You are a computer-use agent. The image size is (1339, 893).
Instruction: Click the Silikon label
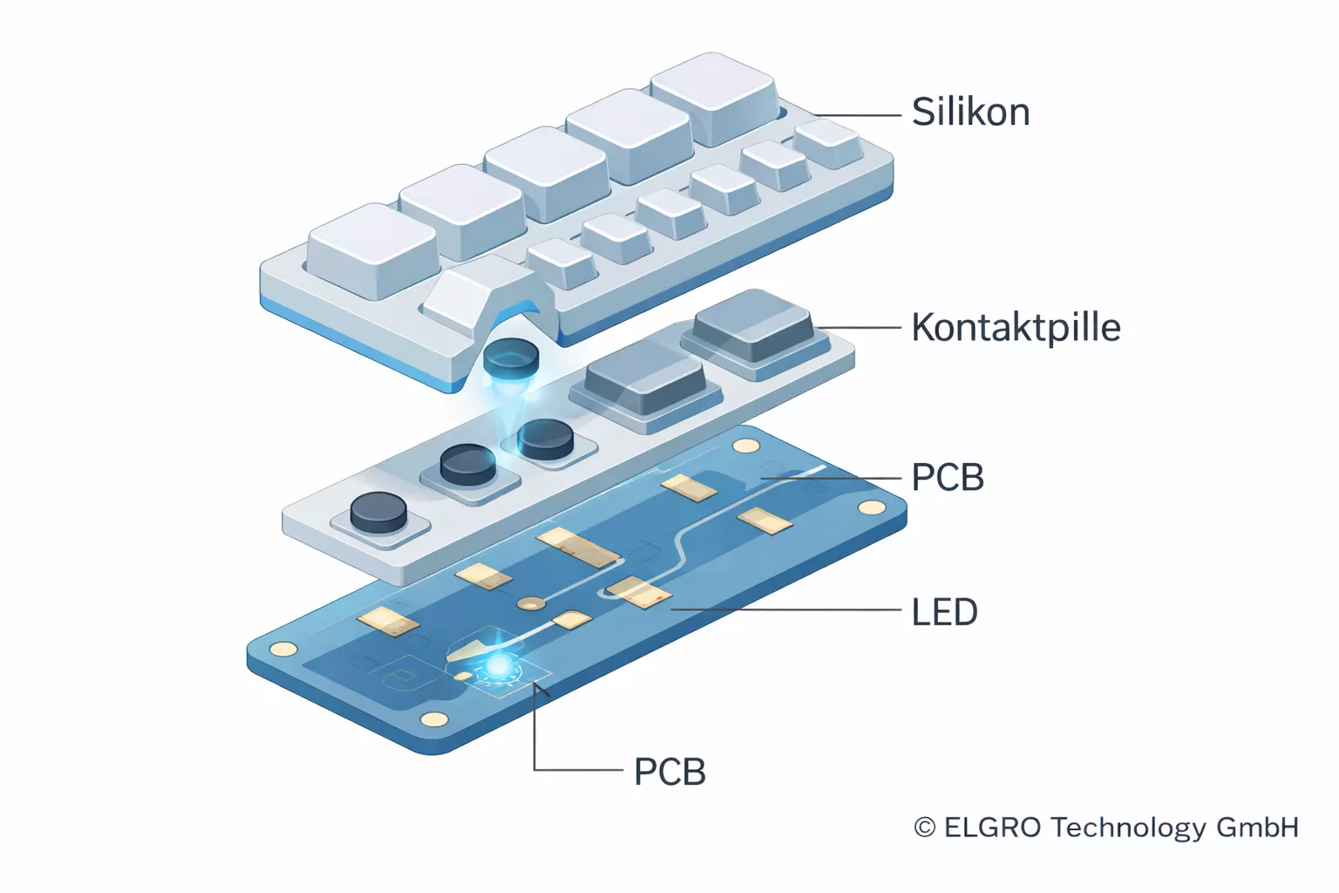coord(970,112)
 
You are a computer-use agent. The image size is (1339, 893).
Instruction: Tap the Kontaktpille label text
coord(1016,328)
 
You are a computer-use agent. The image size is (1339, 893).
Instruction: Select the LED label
coord(944,612)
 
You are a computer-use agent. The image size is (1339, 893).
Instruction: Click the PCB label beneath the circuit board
coord(669,772)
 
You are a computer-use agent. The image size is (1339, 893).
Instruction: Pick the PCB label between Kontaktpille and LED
coord(948,478)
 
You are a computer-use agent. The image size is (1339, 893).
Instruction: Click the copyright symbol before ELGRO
coord(925,828)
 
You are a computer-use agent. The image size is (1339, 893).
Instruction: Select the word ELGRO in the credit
coord(992,828)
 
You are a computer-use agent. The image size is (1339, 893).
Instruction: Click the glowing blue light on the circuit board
coord(499,667)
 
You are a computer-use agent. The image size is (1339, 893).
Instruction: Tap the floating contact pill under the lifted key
coord(512,358)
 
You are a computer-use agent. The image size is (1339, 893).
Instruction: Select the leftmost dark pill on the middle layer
coord(378,511)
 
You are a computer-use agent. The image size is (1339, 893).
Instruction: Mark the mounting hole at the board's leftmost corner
coord(283,648)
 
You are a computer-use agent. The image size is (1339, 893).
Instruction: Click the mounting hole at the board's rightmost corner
coord(871,508)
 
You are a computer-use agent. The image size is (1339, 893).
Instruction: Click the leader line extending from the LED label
coord(785,610)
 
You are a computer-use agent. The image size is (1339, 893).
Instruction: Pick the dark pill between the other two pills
coord(468,464)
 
